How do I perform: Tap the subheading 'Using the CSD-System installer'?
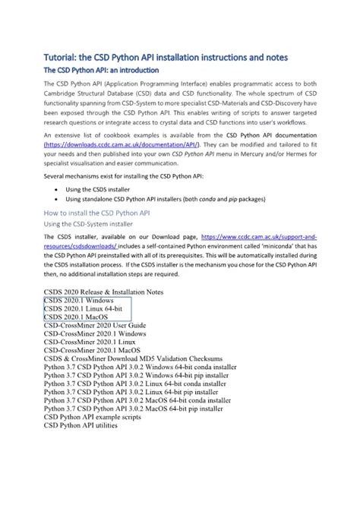tap(93, 225)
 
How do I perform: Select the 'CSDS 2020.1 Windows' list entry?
tap(79, 301)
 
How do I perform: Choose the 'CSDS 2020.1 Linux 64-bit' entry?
tap(82, 310)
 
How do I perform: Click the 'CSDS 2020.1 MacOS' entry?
tap(76, 319)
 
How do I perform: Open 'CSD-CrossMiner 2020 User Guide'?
tap(99, 328)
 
